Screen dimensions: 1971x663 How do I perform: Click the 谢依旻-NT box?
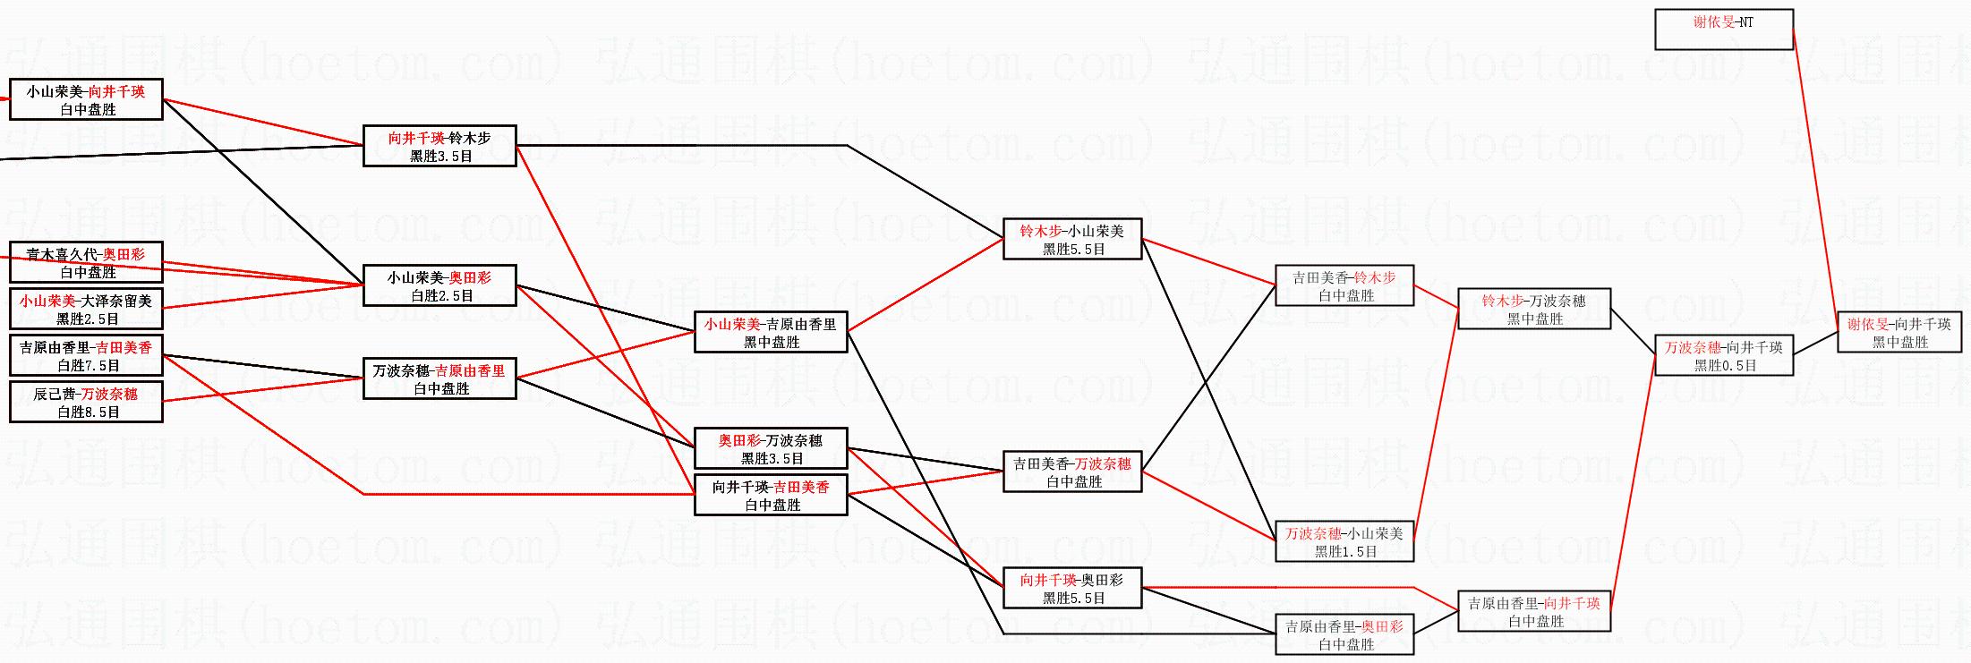click(x=1724, y=29)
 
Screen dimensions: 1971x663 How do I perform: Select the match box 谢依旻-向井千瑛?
click(x=1899, y=332)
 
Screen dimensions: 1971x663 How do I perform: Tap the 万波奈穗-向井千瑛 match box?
click(x=1724, y=355)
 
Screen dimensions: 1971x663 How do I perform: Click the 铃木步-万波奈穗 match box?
click(x=1534, y=309)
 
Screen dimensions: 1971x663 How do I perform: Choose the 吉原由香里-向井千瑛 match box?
click(x=1534, y=611)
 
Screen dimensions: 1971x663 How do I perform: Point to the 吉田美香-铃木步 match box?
click(x=1344, y=285)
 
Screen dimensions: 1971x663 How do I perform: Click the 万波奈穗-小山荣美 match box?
click(x=1344, y=541)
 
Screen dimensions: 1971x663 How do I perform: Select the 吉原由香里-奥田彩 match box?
click(x=1344, y=634)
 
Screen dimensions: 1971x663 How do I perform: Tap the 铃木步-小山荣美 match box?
click(x=1072, y=239)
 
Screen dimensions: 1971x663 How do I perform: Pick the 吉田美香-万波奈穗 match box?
click(x=1072, y=472)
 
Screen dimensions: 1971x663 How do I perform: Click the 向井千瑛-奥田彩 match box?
click(x=1072, y=588)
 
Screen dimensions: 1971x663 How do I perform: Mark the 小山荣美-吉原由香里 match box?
click(x=771, y=332)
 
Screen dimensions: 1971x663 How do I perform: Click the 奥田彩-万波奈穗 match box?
click(x=771, y=448)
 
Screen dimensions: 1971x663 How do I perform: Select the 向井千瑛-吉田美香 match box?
click(x=771, y=495)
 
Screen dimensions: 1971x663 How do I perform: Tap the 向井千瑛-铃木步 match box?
click(x=439, y=146)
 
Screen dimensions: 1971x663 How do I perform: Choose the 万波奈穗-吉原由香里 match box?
click(x=439, y=378)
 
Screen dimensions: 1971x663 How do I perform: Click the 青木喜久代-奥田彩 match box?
click(x=86, y=262)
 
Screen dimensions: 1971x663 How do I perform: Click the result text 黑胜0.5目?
click(x=1725, y=365)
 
